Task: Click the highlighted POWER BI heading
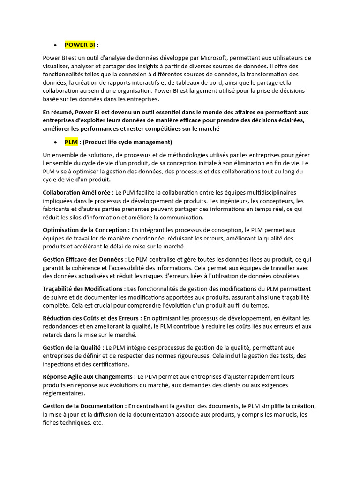point(80,45)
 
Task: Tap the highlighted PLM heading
point(71,142)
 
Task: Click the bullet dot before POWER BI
point(55,45)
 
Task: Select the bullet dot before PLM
point(55,142)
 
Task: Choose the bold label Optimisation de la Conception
point(86,230)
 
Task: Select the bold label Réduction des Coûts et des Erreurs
point(92,318)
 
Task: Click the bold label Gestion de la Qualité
point(73,348)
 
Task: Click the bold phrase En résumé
point(57,112)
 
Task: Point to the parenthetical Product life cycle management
point(127,142)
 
